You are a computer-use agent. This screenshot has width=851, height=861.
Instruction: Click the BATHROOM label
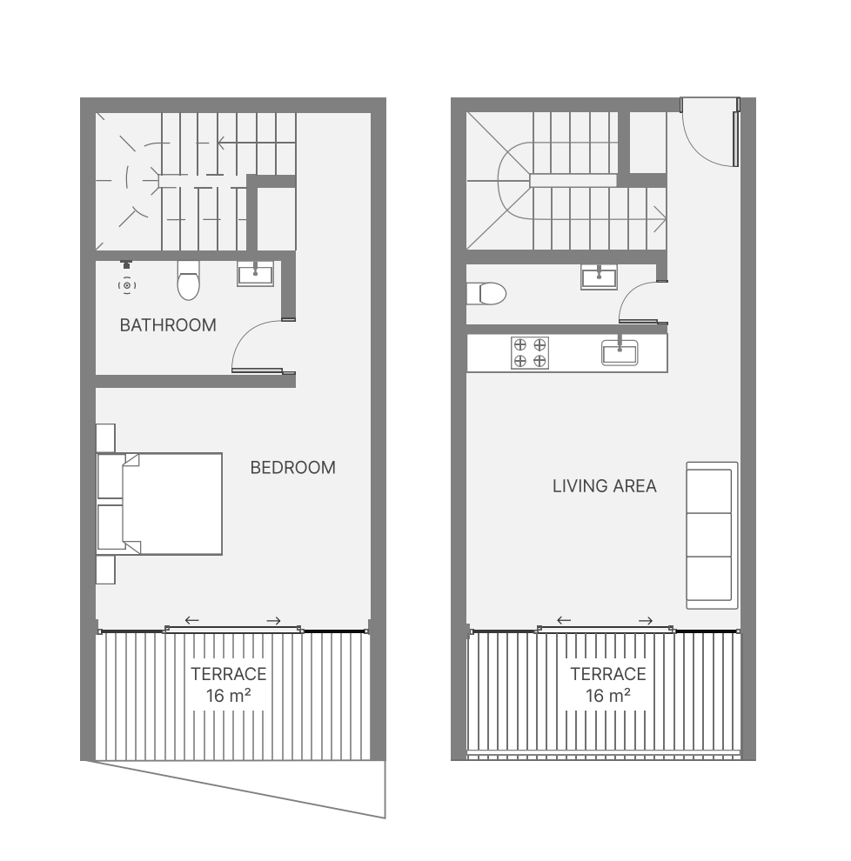pyautogui.click(x=168, y=325)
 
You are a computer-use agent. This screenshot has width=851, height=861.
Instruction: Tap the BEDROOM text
pyautogui.click(x=293, y=467)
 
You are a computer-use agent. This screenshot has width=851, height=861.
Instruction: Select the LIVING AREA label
pyautogui.click(x=605, y=486)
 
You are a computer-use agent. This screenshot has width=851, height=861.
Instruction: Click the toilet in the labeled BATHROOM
pyautogui.click(x=189, y=280)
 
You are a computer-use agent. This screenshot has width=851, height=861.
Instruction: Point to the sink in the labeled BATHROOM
pyautogui.click(x=256, y=273)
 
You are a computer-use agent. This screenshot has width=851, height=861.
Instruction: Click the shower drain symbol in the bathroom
pyautogui.click(x=127, y=285)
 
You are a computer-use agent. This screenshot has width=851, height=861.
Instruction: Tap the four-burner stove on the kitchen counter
pyautogui.click(x=530, y=352)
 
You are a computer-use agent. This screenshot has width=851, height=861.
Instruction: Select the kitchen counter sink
pyautogui.click(x=620, y=352)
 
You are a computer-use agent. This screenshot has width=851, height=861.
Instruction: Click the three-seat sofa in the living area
pyautogui.click(x=712, y=536)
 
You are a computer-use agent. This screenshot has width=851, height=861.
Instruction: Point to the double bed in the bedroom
pyautogui.click(x=160, y=504)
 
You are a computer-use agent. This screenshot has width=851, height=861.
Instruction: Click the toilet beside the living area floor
pyautogui.click(x=486, y=294)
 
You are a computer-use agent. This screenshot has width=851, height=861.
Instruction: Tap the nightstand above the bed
pyautogui.click(x=105, y=437)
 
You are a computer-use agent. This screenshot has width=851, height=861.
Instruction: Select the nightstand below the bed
pyautogui.click(x=105, y=570)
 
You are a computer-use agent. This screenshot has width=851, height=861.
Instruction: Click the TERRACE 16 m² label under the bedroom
pyautogui.click(x=229, y=684)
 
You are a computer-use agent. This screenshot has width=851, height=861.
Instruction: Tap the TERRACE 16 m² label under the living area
pyautogui.click(x=608, y=684)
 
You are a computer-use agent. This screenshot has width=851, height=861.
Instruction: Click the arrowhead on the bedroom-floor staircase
pyautogui.click(x=221, y=143)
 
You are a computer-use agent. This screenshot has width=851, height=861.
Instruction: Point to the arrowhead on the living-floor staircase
pyautogui.click(x=661, y=220)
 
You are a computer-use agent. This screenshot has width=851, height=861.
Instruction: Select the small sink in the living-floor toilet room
pyautogui.click(x=599, y=277)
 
